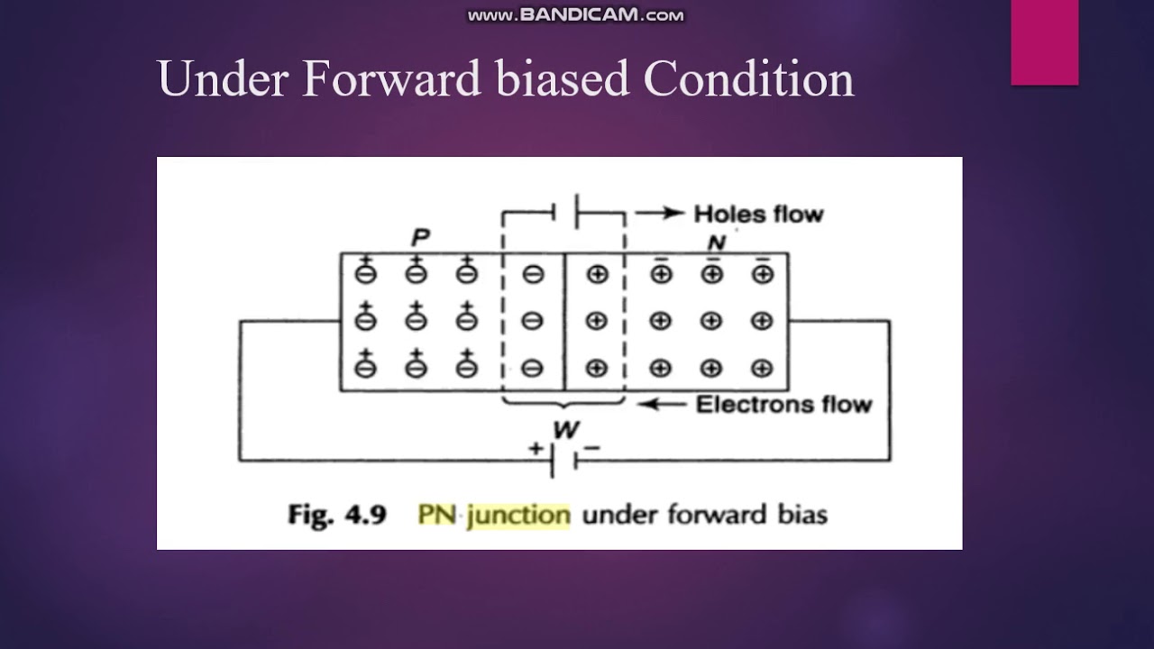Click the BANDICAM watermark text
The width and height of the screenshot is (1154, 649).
[576, 15]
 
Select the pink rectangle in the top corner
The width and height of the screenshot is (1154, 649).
[1044, 42]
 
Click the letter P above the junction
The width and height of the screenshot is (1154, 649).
[420, 239]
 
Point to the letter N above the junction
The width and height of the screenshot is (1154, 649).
[717, 243]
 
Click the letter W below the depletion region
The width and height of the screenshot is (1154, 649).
[565, 430]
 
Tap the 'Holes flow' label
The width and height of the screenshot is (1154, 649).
[758, 215]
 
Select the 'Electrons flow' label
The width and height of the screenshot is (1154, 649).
[783, 405]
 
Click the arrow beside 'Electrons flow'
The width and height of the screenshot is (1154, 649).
[662, 405]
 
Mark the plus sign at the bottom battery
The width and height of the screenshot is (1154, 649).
[536, 448]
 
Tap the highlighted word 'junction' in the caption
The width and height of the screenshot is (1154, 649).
[518, 515]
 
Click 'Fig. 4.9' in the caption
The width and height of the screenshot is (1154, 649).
[337, 515]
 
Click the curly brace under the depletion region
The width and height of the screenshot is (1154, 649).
[563, 404]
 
